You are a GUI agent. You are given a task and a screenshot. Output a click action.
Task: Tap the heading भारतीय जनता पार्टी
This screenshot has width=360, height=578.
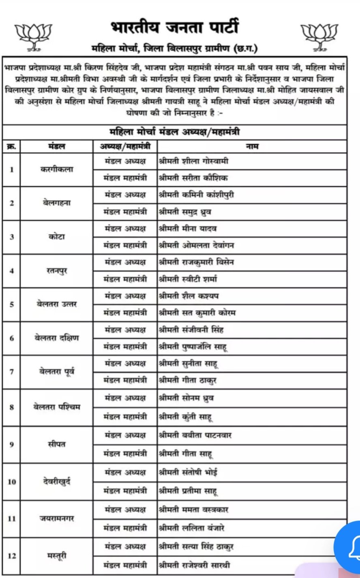pos(175,28)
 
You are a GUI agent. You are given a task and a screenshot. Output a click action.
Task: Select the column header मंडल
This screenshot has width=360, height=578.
pos(57,147)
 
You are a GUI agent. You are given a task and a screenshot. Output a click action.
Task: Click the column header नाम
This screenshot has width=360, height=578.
pos(252,147)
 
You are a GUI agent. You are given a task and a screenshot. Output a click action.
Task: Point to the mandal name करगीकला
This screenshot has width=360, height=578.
pos(57,169)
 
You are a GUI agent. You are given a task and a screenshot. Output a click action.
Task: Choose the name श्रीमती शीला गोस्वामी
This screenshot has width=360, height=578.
pos(194,161)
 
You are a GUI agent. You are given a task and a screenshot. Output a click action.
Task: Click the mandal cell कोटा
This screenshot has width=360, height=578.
pos(57,237)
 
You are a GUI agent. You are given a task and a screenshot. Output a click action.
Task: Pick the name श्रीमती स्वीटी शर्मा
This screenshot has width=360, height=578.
pos(188,279)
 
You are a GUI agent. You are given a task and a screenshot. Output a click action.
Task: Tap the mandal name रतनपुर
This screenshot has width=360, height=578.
pos(57,271)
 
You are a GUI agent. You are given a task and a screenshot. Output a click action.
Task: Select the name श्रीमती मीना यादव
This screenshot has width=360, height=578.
pos(188,229)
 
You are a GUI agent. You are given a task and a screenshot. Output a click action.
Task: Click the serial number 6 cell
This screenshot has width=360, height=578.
pos(12,338)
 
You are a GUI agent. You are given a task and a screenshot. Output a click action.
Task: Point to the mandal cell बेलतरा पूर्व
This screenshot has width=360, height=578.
pos(57,372)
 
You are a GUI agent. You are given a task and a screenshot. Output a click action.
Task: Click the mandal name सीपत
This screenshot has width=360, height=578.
pos(57,444)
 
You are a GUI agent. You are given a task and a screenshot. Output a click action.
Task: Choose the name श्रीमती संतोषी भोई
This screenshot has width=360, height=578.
pos(189,473)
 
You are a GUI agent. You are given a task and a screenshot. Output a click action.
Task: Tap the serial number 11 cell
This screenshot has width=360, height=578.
pos(12,518)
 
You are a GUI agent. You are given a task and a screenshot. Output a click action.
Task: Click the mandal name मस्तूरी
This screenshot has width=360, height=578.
pos(57,556)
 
